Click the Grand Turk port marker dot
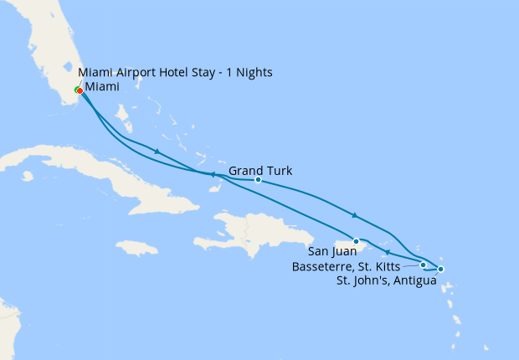tap(258, 180)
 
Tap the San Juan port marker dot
tap(357, 240)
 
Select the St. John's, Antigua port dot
tap(441, 269)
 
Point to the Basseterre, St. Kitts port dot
tap(423, 265)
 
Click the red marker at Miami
tap(80, 91)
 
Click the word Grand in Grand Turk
tap(245, 171)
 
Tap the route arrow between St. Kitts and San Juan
tap(386, 250)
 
